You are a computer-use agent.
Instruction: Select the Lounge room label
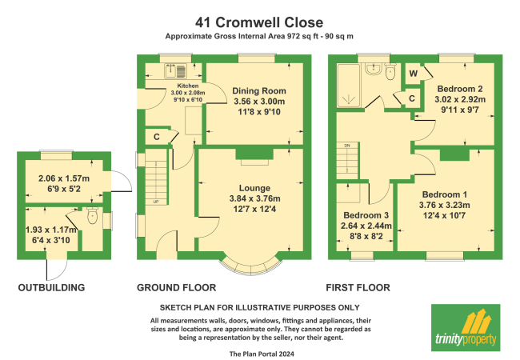click(x=248, y=187)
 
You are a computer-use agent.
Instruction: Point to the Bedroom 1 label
click(x=444, y=194)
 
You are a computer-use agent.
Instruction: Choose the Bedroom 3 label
click(x=367, y=215)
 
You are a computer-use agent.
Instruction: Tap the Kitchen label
click(x=187, y=85)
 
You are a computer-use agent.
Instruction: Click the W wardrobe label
click(x=412, y=73)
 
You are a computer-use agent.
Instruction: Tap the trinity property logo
click(x=464, y=326)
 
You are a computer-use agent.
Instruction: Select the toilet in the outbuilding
click(x=92, y=216)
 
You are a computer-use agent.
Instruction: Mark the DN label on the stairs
click(x=346, y=146)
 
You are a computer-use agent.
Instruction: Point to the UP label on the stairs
click(x=157, y=202)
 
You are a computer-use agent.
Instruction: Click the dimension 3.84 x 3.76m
click(x=248, y=198)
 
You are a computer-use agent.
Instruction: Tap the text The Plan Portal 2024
click(x=259, y=353)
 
